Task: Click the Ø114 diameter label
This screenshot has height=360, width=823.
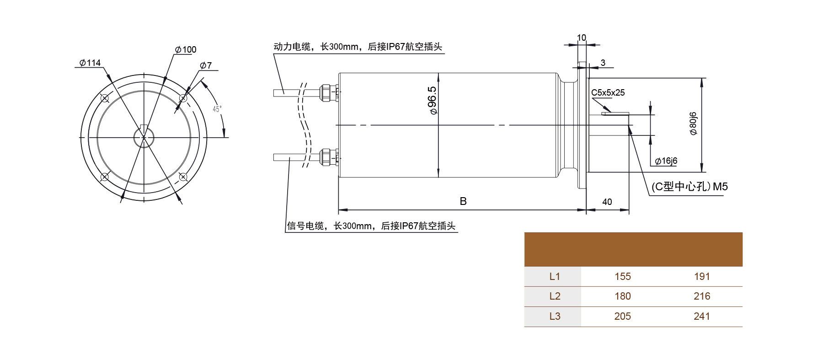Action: [90, 63]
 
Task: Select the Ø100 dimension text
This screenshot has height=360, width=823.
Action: [186, 49]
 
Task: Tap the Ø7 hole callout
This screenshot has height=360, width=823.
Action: [206, 65]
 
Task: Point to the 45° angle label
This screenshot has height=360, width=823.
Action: [217, 109]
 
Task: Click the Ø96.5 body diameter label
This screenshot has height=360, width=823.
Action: [432, 101]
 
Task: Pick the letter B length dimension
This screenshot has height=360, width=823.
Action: [463, 201]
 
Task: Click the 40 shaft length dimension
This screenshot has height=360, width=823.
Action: [607, 202]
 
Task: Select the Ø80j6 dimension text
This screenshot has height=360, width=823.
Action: [693, 124]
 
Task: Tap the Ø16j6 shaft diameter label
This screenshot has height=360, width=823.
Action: [666, 161]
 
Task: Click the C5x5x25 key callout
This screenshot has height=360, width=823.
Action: [608, 93]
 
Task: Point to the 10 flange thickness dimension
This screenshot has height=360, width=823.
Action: [581, 38]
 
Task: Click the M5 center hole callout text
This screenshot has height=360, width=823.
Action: [689, 187]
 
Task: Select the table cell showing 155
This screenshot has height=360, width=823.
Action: [622, 276]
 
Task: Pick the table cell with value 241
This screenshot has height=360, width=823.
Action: [701, 316]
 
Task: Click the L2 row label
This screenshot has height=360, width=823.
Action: [554, 296]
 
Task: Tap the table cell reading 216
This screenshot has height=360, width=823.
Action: [701, 296]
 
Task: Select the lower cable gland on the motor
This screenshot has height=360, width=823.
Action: [326, 157]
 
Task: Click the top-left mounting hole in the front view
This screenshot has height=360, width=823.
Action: [105, 98]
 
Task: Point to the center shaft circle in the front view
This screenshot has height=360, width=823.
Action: [144, 137]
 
